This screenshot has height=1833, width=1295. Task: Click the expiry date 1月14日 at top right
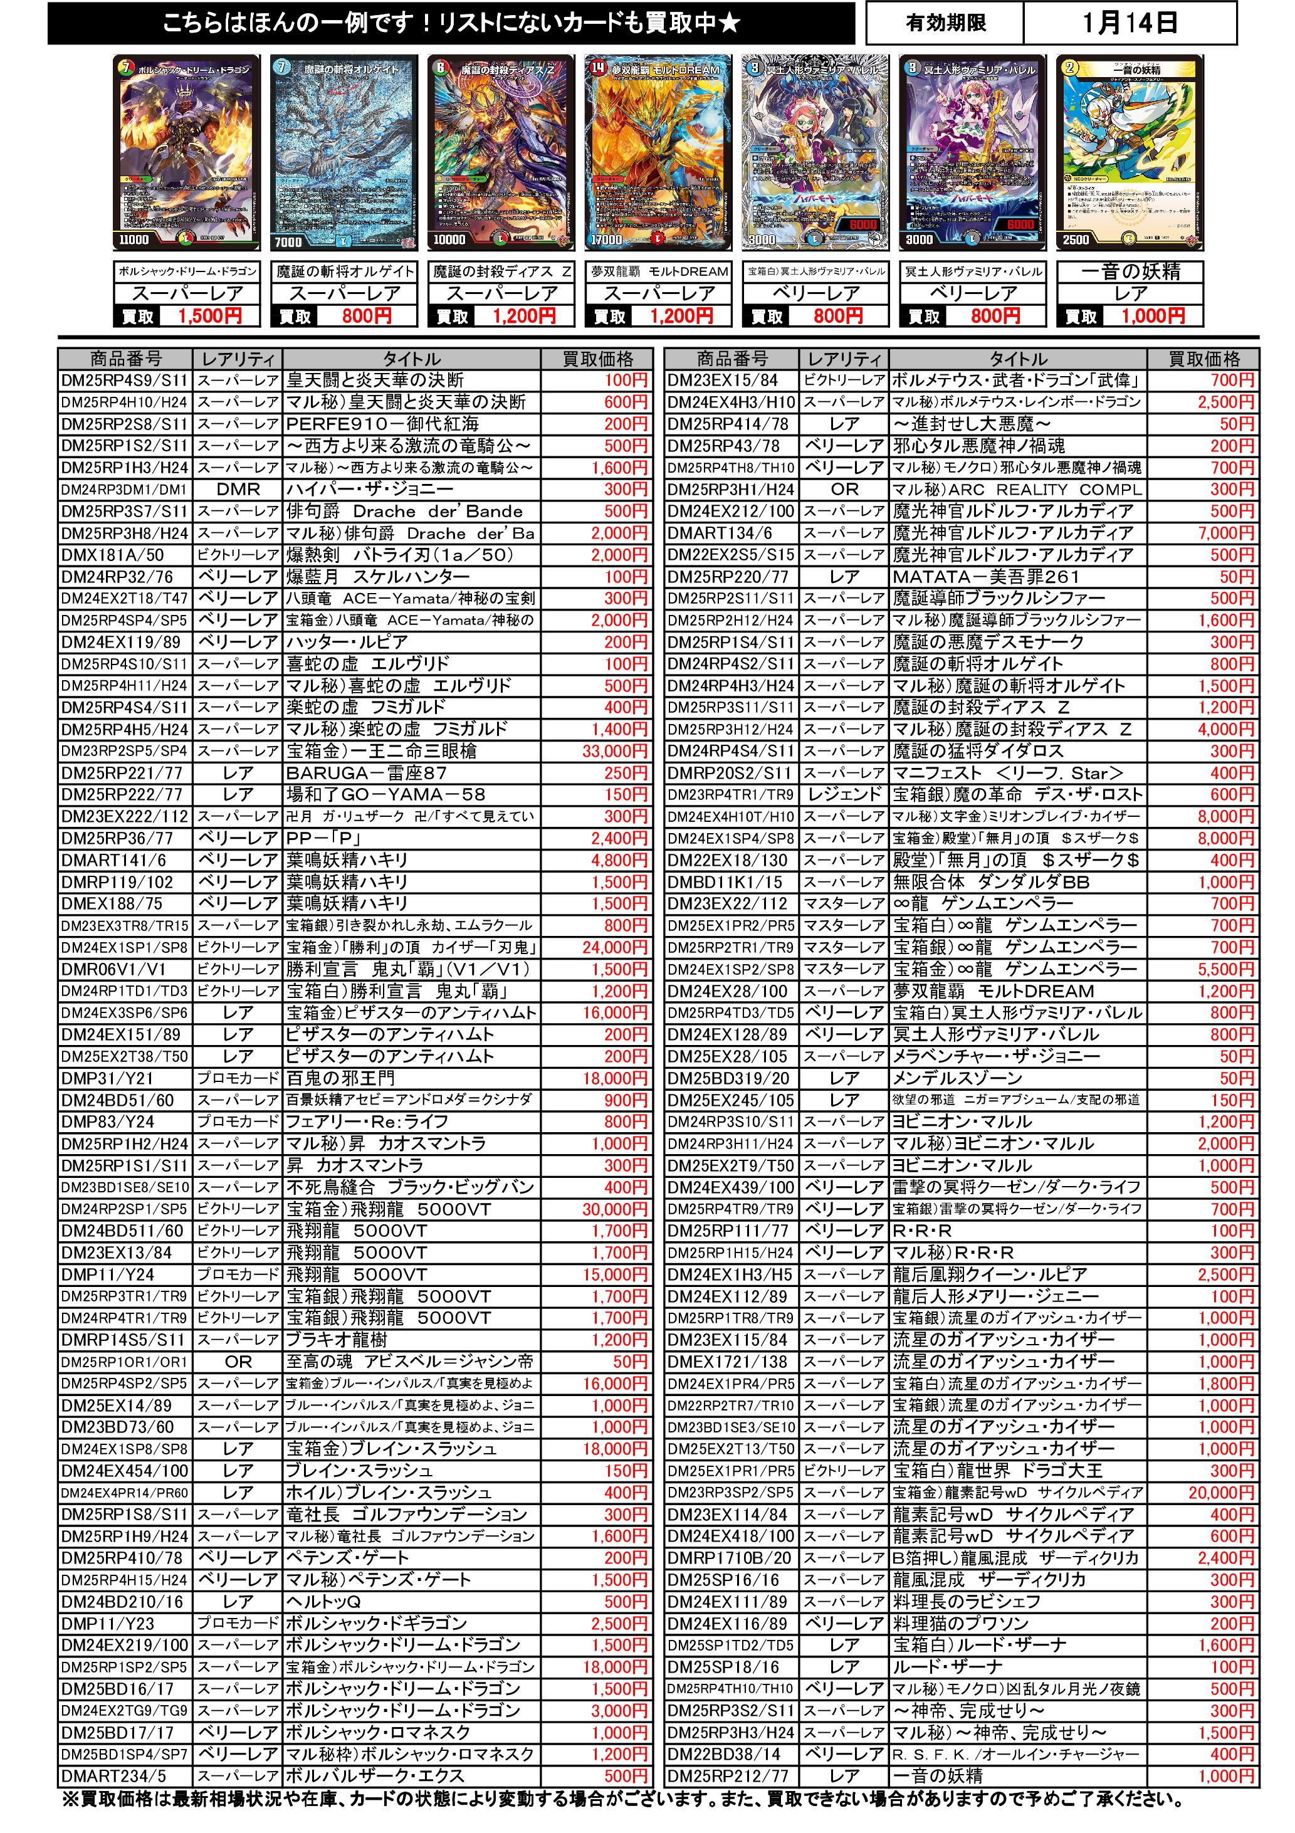pyautogui.click(x=1129, y=23)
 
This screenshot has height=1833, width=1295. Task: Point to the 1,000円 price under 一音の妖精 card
pyautogui.click(x=1152, y=316)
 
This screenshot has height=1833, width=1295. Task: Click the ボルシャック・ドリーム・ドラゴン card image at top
pyautogui.click(x=187, y=152)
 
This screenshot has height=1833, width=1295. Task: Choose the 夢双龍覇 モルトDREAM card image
pyautogui.click(x=658, y=152)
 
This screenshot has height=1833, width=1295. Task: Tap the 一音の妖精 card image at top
pyautogui.click(x=1129, y=152)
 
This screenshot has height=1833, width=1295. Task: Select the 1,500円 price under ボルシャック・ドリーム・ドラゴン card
pyautogui.click(x=209, y=316)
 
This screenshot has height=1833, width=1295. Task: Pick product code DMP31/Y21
pyautogui.click(x=107, y=1078)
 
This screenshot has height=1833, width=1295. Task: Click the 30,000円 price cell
pyautogui.click(x=614, y=1209)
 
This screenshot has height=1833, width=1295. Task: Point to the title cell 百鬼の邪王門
pyautogui.click(x=341, y=1078)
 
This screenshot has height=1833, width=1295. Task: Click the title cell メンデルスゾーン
pyautogui.click(x=951, y=1078)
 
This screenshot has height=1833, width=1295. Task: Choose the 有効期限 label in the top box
pyautogui.click(x=945, y=23)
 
